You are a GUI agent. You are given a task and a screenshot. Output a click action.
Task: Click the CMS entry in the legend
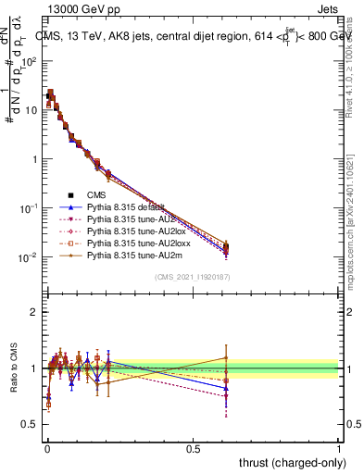96,194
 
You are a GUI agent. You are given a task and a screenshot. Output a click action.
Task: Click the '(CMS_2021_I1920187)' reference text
193,278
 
